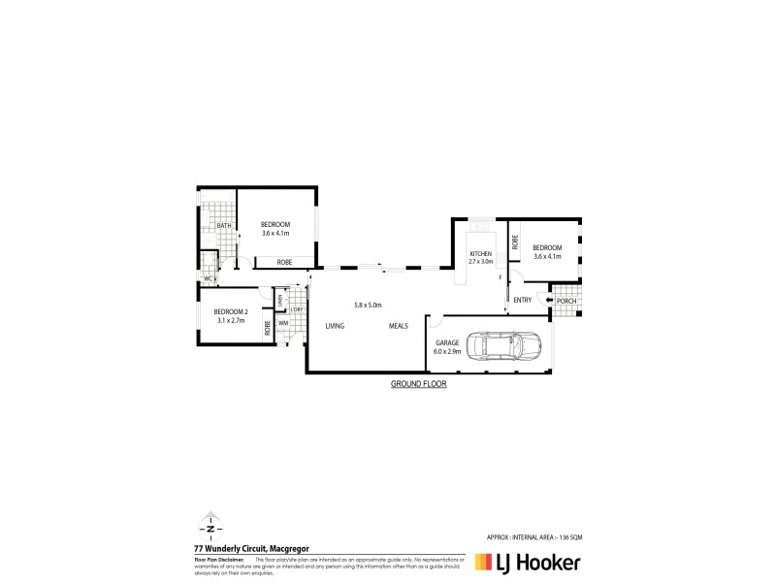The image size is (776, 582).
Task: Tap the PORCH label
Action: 566,301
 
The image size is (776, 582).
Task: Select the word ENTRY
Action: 523,300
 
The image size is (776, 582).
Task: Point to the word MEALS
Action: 400,327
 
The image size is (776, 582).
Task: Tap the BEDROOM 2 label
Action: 231,311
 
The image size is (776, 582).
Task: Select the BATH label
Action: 223,226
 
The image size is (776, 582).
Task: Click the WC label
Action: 208,279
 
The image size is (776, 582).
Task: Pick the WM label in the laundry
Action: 283,322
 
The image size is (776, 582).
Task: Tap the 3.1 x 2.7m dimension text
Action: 231,320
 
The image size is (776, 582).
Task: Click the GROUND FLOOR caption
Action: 418,384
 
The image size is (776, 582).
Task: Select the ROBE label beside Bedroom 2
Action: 268,327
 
